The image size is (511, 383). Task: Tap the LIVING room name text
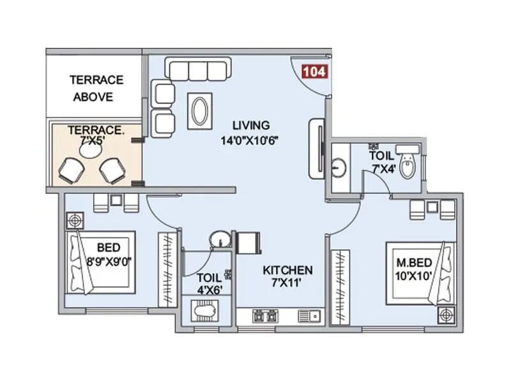[x=251, y=125]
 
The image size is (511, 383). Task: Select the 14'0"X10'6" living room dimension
[x=251, y=139]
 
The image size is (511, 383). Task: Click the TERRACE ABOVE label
[x=96, y=89]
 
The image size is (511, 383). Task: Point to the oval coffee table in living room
[x=199, y=110]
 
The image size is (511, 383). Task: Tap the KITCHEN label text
[x=287, y=270]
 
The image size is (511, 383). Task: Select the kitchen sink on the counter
[x=312, y=315]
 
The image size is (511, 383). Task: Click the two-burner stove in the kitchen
[x=265, y=315]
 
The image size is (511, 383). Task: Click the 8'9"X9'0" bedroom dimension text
[x=110, y=260]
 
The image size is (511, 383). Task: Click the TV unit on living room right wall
[x=317, y=148]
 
